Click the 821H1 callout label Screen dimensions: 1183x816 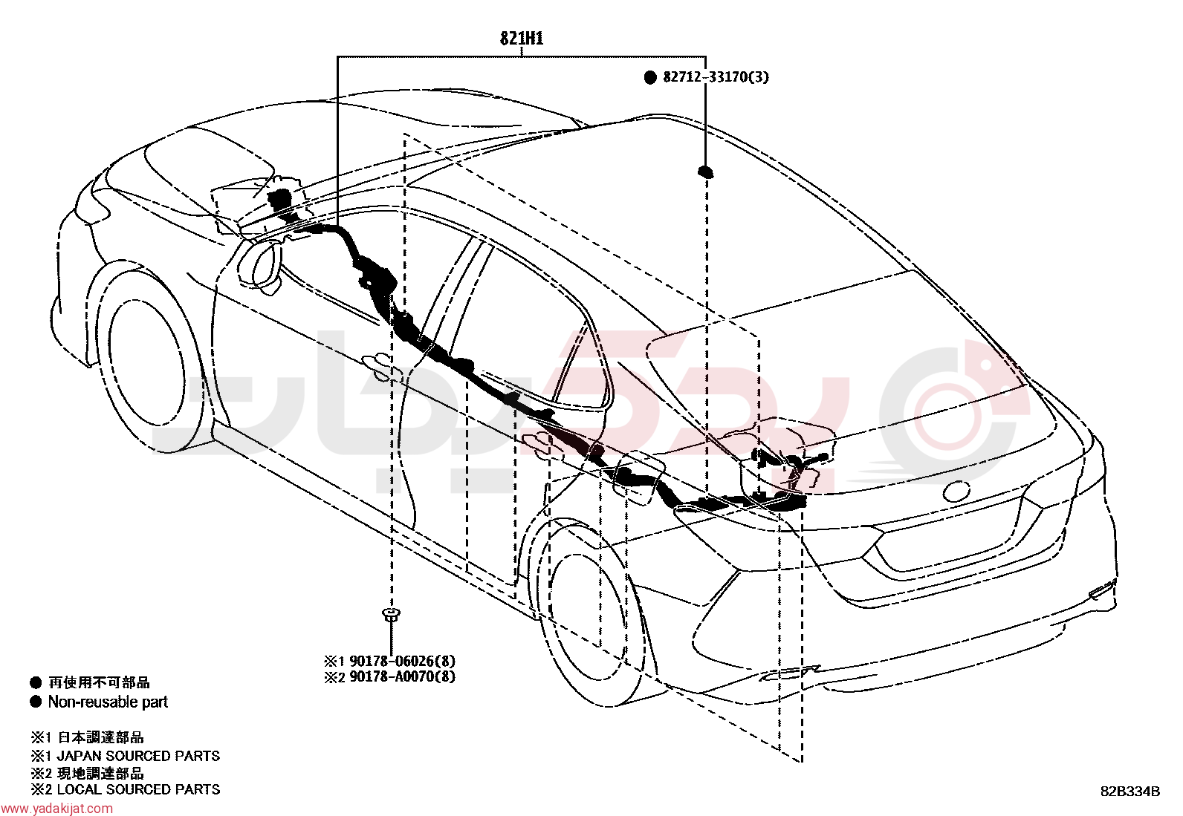pos(522,39)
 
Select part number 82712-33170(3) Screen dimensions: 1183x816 pos(716,77)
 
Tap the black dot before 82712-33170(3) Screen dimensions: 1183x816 pos(650,77)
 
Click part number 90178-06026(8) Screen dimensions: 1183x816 pos(402,661)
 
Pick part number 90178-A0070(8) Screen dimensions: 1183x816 pos(402,676)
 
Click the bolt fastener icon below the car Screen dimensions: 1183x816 pos(391,614)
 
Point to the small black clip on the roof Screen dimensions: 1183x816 pos(706,172)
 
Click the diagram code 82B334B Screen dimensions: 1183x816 pos(1130,791)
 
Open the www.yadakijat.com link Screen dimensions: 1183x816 pos(56,809)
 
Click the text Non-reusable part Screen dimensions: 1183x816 pos(108,702)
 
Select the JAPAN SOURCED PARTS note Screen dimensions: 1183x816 pos(138,756)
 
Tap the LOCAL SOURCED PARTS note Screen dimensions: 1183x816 pos(138,789)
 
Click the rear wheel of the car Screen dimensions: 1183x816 pos(597,615)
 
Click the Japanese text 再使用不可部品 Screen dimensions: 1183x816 pos(100,682)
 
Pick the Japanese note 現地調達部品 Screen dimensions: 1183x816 pos(100,773)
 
